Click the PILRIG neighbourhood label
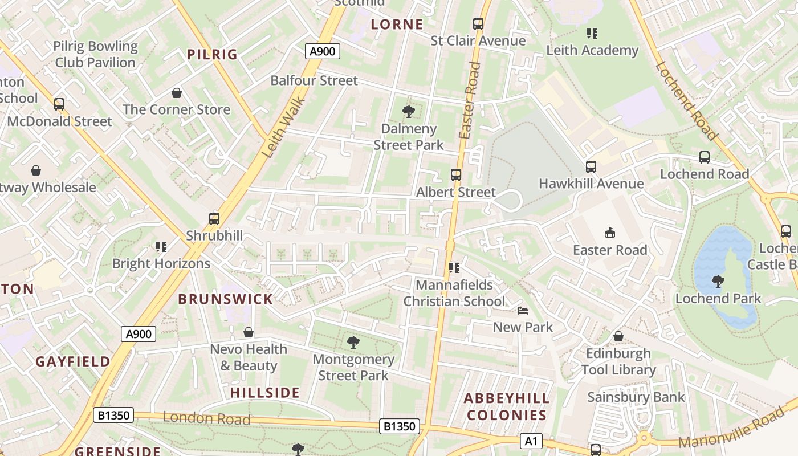[x=212, y=55]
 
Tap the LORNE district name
[x=397, y=25]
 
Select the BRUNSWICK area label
[x=226, y=299]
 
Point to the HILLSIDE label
[x=265, y=393]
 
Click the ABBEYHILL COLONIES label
[x=507, y=406]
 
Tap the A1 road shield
[x=531, y=441]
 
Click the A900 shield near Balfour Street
[x=322, y=51]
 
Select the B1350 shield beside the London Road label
[x=114, y=415]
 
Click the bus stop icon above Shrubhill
[x=214, y=218]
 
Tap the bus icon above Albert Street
[x=456, y=175]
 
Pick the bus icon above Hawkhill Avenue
[x=591, y=167]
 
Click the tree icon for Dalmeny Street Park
[x=408, y=112]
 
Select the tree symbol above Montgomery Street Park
[x=353, y=342]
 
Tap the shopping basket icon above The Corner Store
[x=177, y=93]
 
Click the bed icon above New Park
[x=523, y=311]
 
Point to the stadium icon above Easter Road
[x=610, y=233]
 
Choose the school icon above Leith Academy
[x=592, y=34]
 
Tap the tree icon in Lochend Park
[x=718, y=281]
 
